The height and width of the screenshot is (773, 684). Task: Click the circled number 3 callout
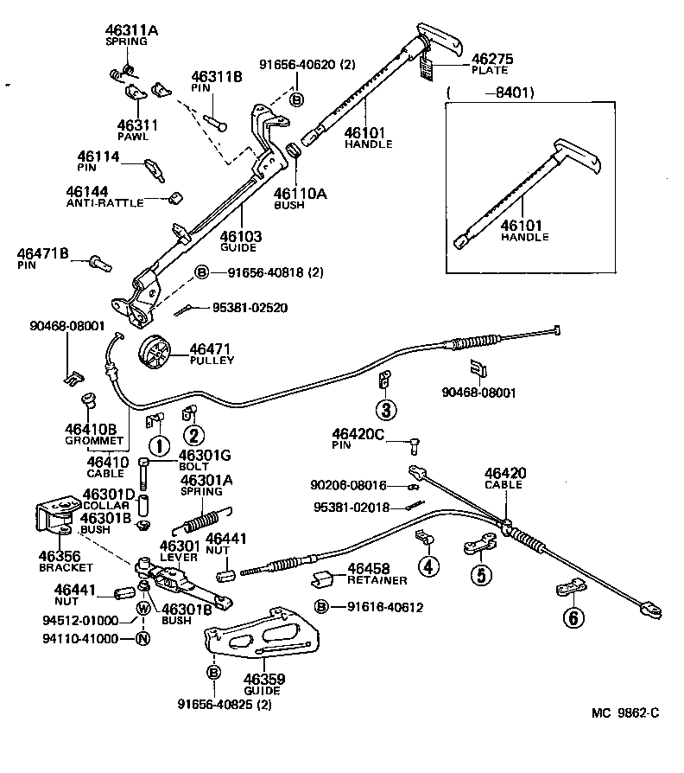point(385,409)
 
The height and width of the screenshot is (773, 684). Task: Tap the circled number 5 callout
point(481,573)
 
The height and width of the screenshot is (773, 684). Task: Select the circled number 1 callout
point(158,446)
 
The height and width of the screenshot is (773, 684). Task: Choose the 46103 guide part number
point(240,235)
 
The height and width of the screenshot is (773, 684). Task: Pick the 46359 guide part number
point(264,679)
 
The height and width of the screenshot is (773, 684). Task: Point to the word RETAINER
point(377,580)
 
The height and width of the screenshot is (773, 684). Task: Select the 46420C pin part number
point(358,434)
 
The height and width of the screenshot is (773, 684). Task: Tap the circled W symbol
point(143,620)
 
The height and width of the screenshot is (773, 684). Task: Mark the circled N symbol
point(143,639)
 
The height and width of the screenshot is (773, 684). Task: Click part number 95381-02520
point(250,307)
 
